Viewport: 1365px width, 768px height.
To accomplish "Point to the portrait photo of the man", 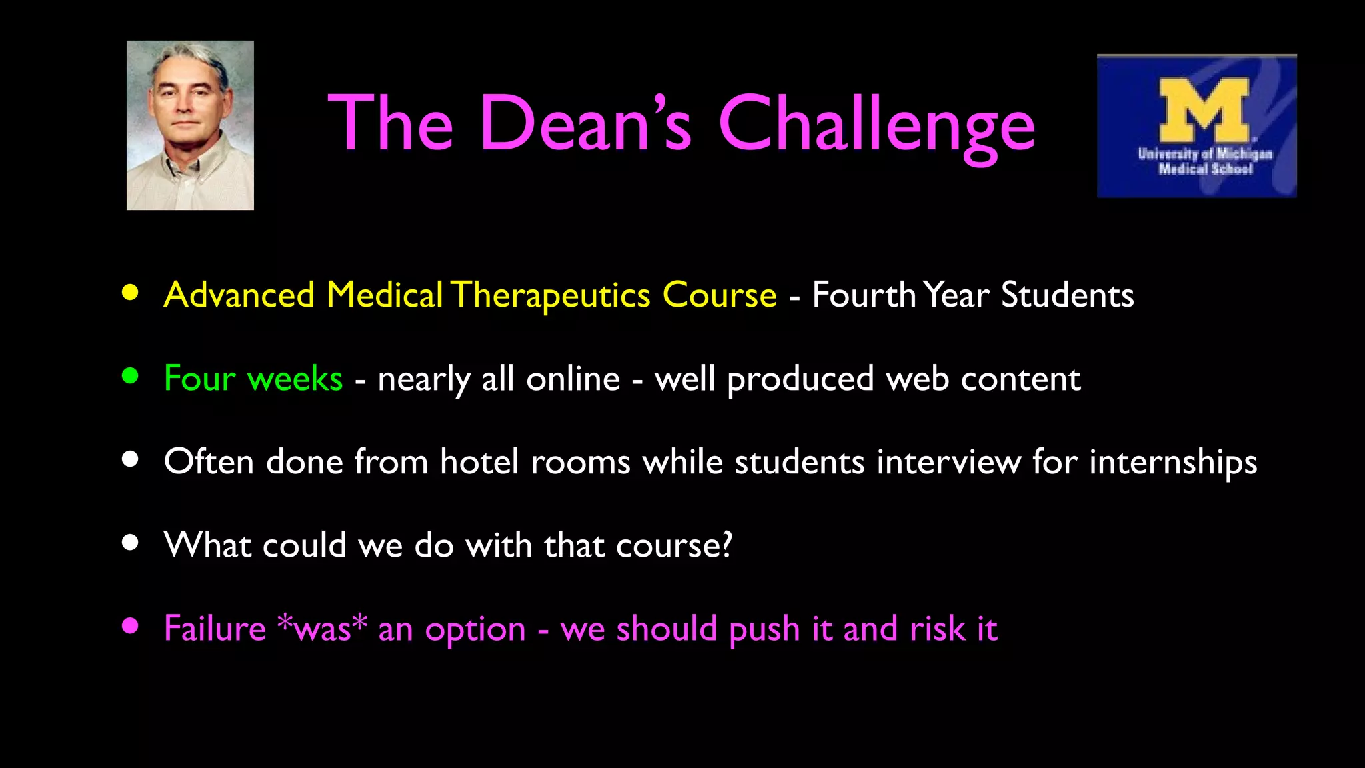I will [x=190, y=125].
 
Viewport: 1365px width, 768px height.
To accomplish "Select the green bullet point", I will [x=130, y=376].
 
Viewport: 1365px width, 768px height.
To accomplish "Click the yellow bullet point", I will [x=130, y=293].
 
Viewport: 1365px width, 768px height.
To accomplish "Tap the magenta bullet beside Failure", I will [x=130, y=625].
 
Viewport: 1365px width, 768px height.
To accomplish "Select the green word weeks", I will [x=295, y=379].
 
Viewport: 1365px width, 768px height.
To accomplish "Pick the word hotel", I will [x=479, y=461].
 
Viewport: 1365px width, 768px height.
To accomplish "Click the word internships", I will [x=1173, y=462].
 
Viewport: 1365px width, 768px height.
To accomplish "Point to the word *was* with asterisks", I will [x=322, y=628].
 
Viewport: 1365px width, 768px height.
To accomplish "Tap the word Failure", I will [x=215, y=628].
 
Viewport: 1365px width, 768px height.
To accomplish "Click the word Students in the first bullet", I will [x=1067, y=295].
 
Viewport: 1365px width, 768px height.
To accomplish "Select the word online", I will [x=573, y=379].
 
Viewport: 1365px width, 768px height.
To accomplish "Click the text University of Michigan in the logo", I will [x=1205, y=153].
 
